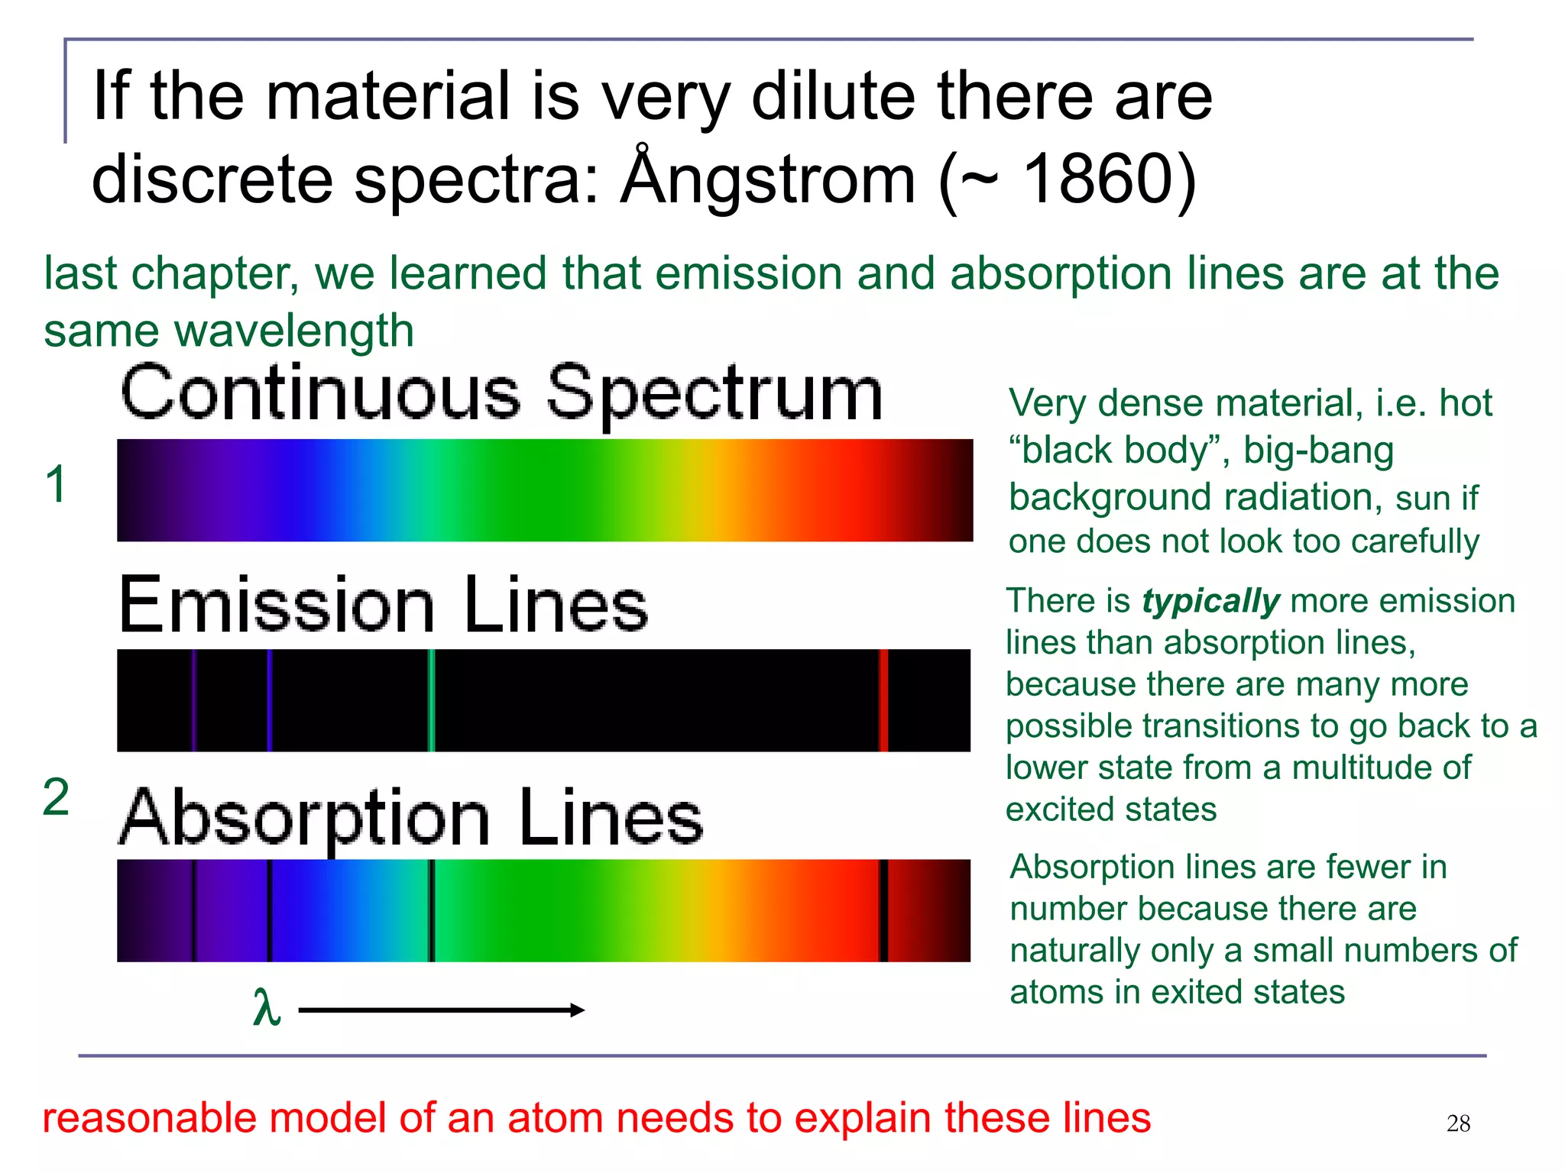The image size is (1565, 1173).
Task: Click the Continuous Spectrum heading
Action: (501, 395)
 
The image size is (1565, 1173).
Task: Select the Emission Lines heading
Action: (384, 606)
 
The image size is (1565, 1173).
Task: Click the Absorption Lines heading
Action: (411, 818)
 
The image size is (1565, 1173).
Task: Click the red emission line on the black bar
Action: (883, 700)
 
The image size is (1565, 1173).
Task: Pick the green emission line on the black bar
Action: (432, 700)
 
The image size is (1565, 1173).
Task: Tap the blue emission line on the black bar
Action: (270, 700)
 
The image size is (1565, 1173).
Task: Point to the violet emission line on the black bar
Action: (194, 700)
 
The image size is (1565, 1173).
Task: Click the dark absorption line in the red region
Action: (883, 910)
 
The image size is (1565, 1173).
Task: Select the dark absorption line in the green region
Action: (432, 910)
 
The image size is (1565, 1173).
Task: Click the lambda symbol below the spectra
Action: (267, 1008)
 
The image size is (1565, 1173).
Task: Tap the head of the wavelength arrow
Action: (578, 1010)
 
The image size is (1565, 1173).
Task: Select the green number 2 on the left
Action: (56, 797)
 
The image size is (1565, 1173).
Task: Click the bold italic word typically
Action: (1210, 601)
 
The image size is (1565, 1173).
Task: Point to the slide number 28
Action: (1458, 1123)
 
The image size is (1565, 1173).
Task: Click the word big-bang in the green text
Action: (1318, 451)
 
